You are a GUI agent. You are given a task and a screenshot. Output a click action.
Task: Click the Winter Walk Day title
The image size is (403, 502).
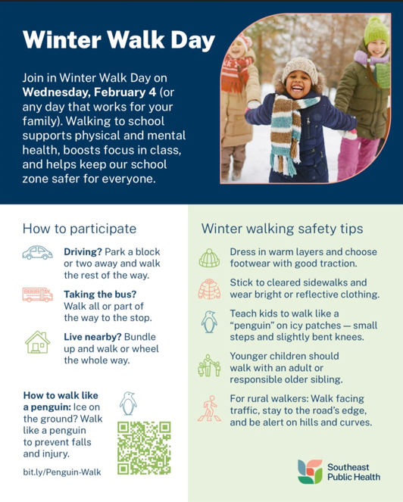point(118,41)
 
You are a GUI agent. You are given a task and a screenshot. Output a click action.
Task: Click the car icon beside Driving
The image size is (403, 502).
point(37,253)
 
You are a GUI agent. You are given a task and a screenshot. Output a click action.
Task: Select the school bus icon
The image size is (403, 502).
point(37,295)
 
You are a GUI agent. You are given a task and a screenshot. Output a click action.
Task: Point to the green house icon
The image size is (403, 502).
point(37,342)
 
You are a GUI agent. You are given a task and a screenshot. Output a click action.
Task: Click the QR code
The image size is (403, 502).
point(144,447)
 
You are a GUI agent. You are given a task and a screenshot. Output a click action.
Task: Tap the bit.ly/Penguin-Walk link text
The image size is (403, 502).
point(61,472)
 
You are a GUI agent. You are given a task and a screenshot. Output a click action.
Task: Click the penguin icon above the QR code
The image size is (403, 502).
point(129,404)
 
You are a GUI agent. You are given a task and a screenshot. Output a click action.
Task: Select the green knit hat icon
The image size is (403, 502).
point(209,258)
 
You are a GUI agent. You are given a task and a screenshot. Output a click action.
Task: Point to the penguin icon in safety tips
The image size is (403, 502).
point(209,322)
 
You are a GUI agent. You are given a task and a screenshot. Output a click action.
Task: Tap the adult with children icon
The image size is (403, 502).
point(209,366)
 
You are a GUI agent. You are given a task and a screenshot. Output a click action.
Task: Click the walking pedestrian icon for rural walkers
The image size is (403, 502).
point(209,409)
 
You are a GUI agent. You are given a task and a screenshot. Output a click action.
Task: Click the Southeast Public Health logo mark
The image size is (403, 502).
point(310,471)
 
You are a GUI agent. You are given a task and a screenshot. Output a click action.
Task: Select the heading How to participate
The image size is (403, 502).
point(80,227)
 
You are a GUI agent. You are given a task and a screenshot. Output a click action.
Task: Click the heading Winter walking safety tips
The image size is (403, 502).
point(282,227)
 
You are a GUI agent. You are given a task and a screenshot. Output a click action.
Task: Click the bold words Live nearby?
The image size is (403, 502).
point(92,335)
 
